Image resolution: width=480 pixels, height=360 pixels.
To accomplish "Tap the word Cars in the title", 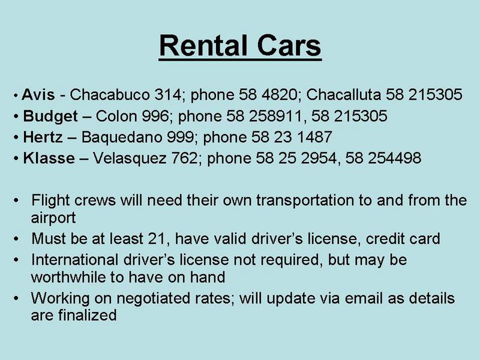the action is point(289,46).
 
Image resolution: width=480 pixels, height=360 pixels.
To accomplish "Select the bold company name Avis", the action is point(38,94).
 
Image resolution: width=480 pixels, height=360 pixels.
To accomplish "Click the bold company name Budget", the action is point(50,116).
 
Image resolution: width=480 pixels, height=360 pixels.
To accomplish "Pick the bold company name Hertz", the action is point(43,137).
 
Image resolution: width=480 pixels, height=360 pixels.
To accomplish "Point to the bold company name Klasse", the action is point(49,158).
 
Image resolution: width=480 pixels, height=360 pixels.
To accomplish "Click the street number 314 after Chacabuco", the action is point(168,94).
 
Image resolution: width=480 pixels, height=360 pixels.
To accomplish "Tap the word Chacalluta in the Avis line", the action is point(344,94).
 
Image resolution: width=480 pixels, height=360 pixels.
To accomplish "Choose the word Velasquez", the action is point(130,158).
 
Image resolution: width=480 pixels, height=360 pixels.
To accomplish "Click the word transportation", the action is point(305,200).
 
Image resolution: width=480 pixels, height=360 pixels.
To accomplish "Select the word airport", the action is point(53,218).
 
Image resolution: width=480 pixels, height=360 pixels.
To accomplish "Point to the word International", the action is point(74,260).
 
